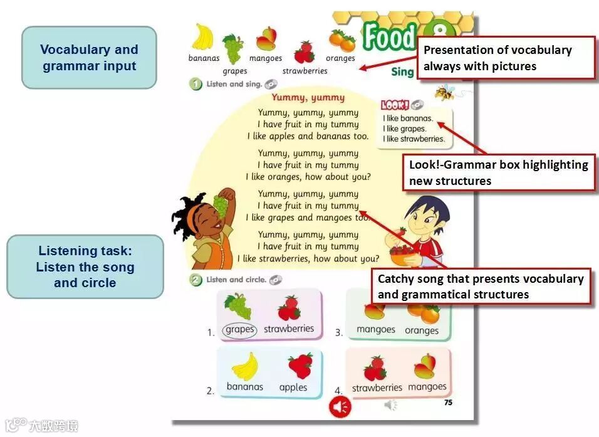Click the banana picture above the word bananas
click(x=202, y=38)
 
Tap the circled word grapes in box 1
click(x=239, y=330)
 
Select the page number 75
click(x=448, y=403)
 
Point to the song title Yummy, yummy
click(x=308, y=97)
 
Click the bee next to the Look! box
click(x=445, y=92)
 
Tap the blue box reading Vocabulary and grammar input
click(x=89, y=58)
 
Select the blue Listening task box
click(x=85, y=266)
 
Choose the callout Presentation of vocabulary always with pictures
click(x=505, y=58)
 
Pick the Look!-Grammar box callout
click(x=499, y=172)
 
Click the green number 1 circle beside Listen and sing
click(x=196, y=84)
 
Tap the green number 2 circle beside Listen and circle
click(x=196, y=280)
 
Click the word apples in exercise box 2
click(x=293, y=387)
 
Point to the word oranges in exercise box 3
click(x=422, y=330)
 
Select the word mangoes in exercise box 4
click(x=427, y=387)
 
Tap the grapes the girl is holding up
click(x=220, y=202)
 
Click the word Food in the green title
click(x=389, y=38)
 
